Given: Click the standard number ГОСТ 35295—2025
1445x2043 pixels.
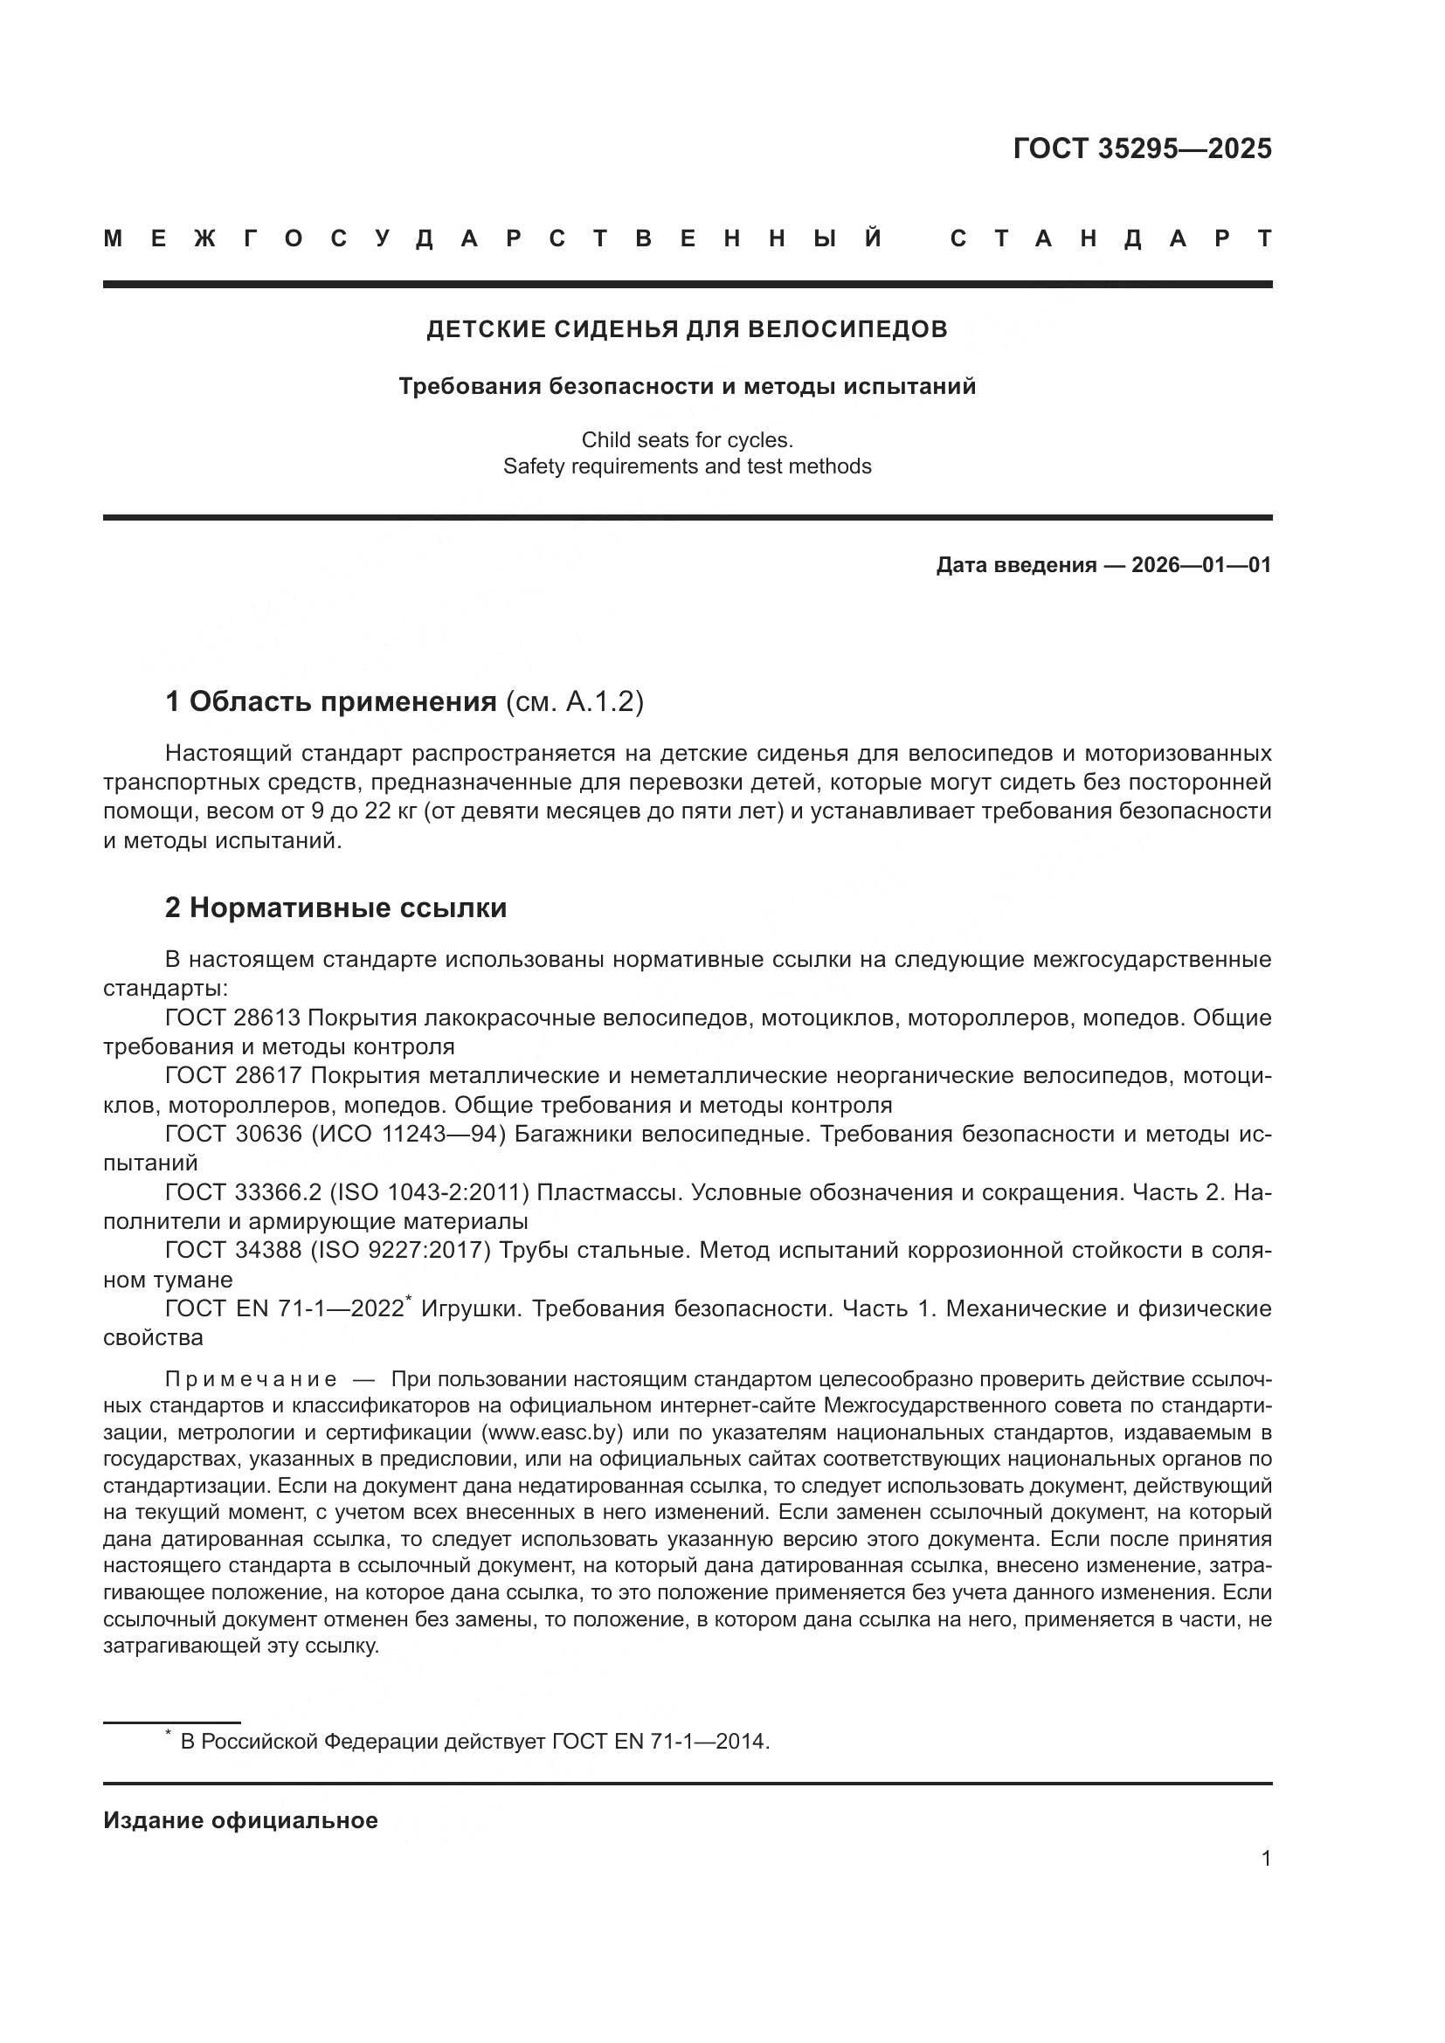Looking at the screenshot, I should click(1142, 148).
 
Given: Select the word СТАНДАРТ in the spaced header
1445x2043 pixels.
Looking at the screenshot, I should click(1110, 238).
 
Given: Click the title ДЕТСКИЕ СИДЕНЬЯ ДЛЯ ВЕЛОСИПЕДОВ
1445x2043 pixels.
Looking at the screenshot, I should click(687, 329).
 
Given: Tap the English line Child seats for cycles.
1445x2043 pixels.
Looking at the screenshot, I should click(687, 439).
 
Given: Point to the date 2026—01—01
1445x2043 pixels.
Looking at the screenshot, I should click(1200, 565).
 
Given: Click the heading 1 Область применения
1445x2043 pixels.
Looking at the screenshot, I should click(331, 702).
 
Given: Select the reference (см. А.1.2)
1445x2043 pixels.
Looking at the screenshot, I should click(574, 702).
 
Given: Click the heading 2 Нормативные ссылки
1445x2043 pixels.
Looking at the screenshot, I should click(336, 908).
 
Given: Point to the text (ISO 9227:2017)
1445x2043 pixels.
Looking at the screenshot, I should click(400, 1250).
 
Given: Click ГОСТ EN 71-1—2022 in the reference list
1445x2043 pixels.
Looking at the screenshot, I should click(285, 1309).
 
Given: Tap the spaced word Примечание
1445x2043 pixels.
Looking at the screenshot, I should click(251, 1380).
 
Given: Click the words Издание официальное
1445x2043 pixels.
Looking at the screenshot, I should click(240, 1820).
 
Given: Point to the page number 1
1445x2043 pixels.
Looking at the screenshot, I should click(1265, 1859).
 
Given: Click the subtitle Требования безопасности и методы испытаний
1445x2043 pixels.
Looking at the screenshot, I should click(687, 386).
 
